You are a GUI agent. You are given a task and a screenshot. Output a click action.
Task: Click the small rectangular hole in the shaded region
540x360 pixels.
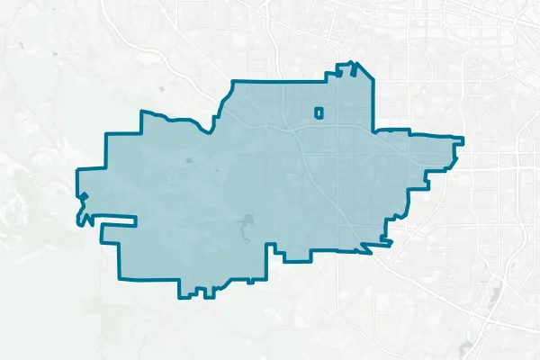point(318,112)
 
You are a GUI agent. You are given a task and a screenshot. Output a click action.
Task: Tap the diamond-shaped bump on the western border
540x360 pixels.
point(83,196)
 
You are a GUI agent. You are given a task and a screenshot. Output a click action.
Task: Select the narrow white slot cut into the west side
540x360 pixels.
point(112,220)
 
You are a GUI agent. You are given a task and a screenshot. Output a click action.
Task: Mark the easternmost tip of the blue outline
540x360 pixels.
point(463,139)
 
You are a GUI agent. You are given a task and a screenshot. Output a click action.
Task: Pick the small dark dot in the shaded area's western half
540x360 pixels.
point(189,160)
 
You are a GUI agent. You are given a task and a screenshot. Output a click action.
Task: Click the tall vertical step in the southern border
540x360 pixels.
point(267,261)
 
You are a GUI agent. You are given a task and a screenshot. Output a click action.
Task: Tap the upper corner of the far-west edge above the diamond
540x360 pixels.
point(77,168)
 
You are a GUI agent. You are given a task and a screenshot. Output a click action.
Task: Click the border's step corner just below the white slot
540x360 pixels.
point(103,239)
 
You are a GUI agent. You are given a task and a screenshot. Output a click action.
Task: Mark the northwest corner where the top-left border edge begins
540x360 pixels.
point(141,112)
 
